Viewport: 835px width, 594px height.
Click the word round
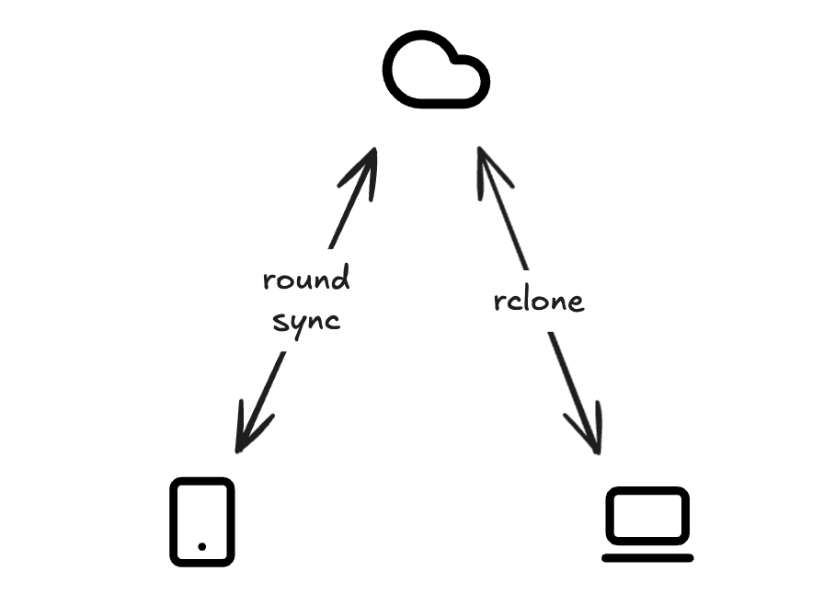pyautogui.click(x=306, y=278)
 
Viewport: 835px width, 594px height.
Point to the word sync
pyautogui.click(x=306, y=321)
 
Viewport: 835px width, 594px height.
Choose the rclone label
pyautogui.click(x=538, y=302)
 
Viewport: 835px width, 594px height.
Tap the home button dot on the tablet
pyautogui.click(x=201, y=546)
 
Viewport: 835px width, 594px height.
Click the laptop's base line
pyautogui.click(x=647, y=558)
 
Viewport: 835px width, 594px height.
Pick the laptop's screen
pyautogui.click(x=647, y=516)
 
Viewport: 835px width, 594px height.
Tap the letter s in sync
pyautogui.click(x=279, y=321)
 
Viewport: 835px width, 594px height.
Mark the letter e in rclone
pyautogui.click(x=577, y=303)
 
